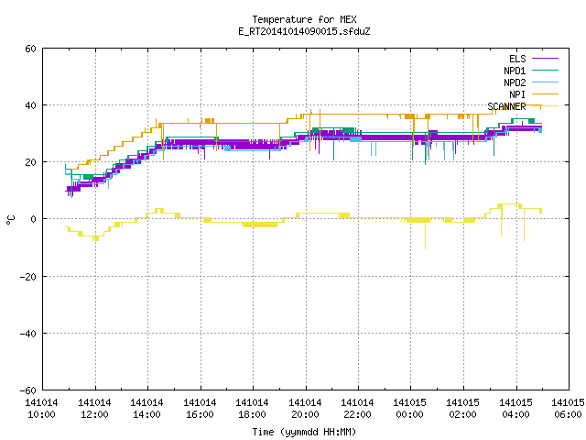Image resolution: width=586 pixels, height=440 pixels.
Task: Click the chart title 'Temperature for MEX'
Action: point(304,19)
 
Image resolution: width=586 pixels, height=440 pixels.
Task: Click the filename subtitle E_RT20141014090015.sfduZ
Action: point(304,31)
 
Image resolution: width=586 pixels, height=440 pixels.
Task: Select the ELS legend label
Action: point(517,59)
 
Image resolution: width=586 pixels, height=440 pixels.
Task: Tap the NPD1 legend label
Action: point(515,71)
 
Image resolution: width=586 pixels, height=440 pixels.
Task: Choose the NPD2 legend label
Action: point(515,82)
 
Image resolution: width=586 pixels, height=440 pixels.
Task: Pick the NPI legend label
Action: point(517,94)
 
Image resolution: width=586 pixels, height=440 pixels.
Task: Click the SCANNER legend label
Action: point(506,106)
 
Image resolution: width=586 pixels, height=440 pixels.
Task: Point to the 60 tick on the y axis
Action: point(30,49)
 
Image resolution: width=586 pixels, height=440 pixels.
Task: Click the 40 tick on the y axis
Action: point(30,105)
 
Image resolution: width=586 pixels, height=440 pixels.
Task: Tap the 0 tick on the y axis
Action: point(34,219)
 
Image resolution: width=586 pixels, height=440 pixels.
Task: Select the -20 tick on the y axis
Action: point(28,277)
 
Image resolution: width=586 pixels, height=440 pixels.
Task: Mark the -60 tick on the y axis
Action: point(28,390)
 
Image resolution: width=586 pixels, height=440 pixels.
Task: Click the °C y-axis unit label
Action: point(10,220)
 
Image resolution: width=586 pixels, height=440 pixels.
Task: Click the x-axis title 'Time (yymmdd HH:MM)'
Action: point(304,432)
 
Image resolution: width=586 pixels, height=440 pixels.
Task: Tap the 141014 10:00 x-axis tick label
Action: point(41,409)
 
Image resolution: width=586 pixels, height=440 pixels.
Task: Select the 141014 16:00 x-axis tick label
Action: point(200,409)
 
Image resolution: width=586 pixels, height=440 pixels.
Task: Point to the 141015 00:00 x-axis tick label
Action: point(410,409)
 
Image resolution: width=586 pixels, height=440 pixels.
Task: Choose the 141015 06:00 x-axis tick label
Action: point(568,409)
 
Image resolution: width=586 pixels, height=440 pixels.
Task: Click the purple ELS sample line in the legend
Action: point(545,59)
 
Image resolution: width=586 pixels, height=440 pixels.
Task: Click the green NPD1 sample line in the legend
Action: point(545,71)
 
